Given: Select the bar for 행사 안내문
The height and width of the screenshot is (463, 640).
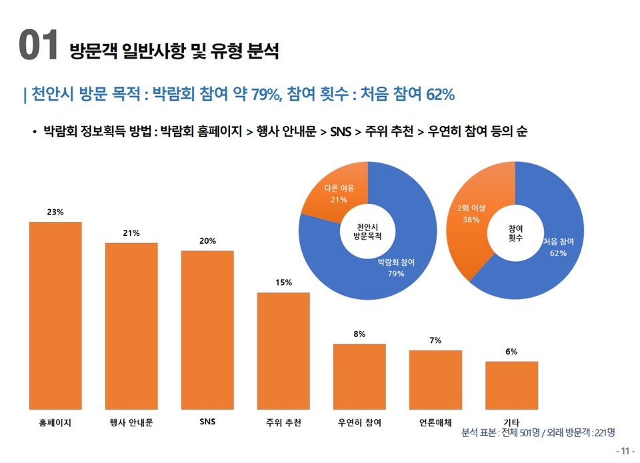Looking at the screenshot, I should pyautogui.click(x=131, y=326).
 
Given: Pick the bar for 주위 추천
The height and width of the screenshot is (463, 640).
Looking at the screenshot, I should pyautogui.click(x=283, y=350).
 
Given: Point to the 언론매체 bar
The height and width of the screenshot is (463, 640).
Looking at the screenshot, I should pyautogui.click(x=435, y=379).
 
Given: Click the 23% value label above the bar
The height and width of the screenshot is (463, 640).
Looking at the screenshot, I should pyautogui.click(x=55, y=213).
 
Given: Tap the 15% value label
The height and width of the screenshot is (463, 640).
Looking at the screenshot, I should pyautogui.click(x=283, y=282).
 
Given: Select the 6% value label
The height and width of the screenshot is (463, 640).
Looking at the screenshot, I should pyautogui.click(x=511, y=351).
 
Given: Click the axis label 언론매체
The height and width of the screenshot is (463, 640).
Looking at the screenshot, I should pyautogui.click(x=435, y=422).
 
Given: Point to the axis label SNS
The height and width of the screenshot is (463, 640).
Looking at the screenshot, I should pyautogui.click(x=207, y=422).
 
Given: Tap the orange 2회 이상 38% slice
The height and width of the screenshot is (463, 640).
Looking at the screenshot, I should pyautogui.click(x=470, y=220).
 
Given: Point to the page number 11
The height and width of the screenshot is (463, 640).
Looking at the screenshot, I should pyautogui.click(x=625, y=451).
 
